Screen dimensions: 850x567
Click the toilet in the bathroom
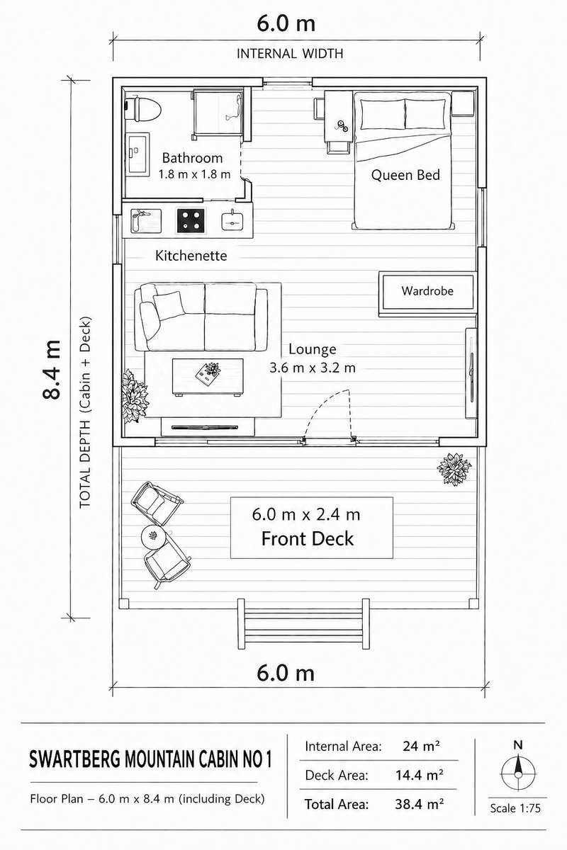click(144, 108)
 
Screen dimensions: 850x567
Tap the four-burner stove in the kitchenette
click(191, 221)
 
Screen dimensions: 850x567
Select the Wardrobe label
click(427, 290)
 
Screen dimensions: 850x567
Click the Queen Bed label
click(405, 174)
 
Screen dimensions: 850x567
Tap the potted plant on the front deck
click(454, 469)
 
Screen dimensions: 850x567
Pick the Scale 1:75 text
click(515, 808)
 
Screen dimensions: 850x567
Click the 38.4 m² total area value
click(420, 804)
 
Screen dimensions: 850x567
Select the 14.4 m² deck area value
click(420, 775)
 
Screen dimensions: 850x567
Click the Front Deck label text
click(308, 538)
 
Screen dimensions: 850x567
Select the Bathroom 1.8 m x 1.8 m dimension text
click(194, 174)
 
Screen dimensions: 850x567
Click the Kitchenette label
click(191, 256)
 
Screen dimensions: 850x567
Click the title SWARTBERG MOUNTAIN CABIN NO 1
click(150, 760)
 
